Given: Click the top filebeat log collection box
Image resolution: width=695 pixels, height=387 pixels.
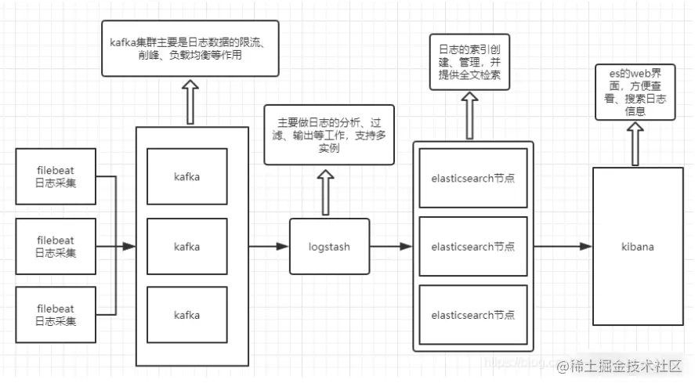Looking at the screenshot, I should click(55, 176).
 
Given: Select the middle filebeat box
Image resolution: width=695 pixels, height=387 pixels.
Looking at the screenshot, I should click(55, 247).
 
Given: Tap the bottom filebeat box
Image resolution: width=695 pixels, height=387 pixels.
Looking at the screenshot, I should click(55, 316).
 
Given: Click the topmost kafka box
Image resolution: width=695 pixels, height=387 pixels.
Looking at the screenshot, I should click(186, 176).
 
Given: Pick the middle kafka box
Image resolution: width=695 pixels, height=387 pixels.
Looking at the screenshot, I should click(186, 246).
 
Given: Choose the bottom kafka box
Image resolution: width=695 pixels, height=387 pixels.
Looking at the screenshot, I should click(186, 315).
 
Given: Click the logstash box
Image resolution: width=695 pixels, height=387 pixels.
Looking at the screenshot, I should click(329, 247).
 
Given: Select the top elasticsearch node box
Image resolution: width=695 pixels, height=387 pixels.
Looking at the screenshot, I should click(472, 178).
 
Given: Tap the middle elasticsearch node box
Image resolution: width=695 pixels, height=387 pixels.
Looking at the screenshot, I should click(472, 246).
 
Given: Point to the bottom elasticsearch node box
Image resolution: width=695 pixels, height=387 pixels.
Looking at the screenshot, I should click(472, 315).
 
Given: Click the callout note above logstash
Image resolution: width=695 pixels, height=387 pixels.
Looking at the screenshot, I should click(329, 135).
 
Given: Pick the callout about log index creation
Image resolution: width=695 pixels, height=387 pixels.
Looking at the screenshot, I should click(470, 63).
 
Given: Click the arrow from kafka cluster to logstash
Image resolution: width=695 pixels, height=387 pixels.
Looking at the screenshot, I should click(269, 247).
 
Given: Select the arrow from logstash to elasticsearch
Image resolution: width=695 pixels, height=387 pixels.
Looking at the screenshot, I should click(391, 247).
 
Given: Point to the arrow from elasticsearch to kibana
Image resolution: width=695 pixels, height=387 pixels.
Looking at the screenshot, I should click(563, 247).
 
